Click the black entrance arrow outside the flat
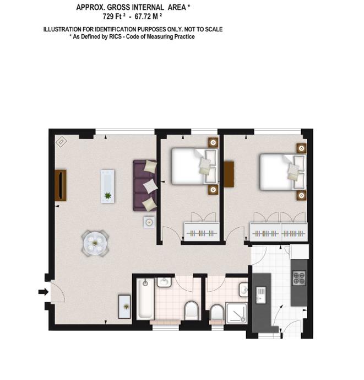pyautogui.click(x=44, y=292)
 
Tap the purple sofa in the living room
pyautogui.click(x=145, y=185)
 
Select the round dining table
pyautogui.click(x=95, y=243)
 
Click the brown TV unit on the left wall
pyautogui.click(x=61, y=185)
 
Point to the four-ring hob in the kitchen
pyautogui.click(x=299, y=278)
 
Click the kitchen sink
pyautogui.click(x=261, y=295)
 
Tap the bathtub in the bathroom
pyautogui.click(x=145, y=298)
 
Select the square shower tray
pyautogui.click(x=236, y=312)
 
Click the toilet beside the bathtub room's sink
pyautogui.click(x=192, y=311)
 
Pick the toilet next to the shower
pyautogui.click(x=217, y=312)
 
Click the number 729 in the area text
pyautogui.click(x=108, y=17)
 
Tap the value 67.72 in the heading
pyautogui.click(x=143, y=17)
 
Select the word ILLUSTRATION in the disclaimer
pyautogui.click(x=62, y=29)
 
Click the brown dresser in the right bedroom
pyautogui.click(x=229, y=174)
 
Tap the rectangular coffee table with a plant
pyautogui.click(x=108, y=186)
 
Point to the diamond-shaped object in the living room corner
pyautogui.click(x=61, y=142)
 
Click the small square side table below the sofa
pyautogui.click(x=149, y=222)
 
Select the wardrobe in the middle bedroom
pyautogui.click(x=202, y=232)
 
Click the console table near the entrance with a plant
pyautogui.click(x=124, y=307)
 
